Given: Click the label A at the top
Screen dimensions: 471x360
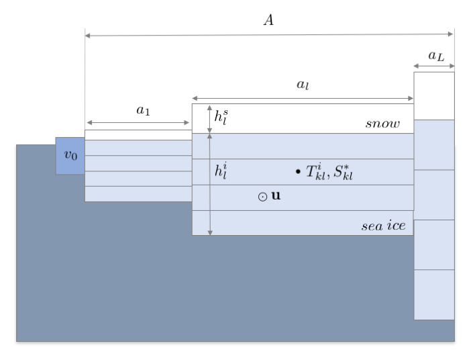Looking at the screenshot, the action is click(269, 20).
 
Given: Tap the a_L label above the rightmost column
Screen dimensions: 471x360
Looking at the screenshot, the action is click(436, 56).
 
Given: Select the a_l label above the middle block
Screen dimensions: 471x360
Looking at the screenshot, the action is click(303, 85).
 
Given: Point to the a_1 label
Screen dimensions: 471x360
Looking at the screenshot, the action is click(143, 110).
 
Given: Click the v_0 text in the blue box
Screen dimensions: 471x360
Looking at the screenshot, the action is click(71, 155).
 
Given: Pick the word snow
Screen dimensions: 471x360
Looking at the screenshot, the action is click(382, 124).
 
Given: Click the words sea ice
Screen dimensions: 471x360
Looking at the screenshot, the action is click(384, 226).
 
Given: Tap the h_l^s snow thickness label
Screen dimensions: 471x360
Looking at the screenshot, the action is click(221, 117).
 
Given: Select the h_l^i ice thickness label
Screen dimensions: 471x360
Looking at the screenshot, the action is click(221, 171).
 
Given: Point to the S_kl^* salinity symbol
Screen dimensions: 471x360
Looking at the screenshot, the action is click(343, 173).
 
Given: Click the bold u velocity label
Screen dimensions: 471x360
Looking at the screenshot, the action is click(276, 195).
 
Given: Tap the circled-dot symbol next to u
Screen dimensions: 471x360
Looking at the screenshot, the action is click(262, 197).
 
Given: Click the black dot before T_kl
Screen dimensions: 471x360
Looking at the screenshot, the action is click(298, 171).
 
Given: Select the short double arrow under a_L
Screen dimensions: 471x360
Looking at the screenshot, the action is click(434, 66).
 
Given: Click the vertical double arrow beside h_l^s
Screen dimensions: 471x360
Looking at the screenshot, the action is click(209, 119).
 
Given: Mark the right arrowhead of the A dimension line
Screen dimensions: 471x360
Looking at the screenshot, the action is click(451, 34).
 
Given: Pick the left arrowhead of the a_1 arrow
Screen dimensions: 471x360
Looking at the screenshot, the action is click(89, 122).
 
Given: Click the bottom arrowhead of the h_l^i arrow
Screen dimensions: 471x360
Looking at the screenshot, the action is click(210, 233).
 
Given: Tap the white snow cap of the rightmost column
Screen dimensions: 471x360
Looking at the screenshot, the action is click(434, 96).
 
